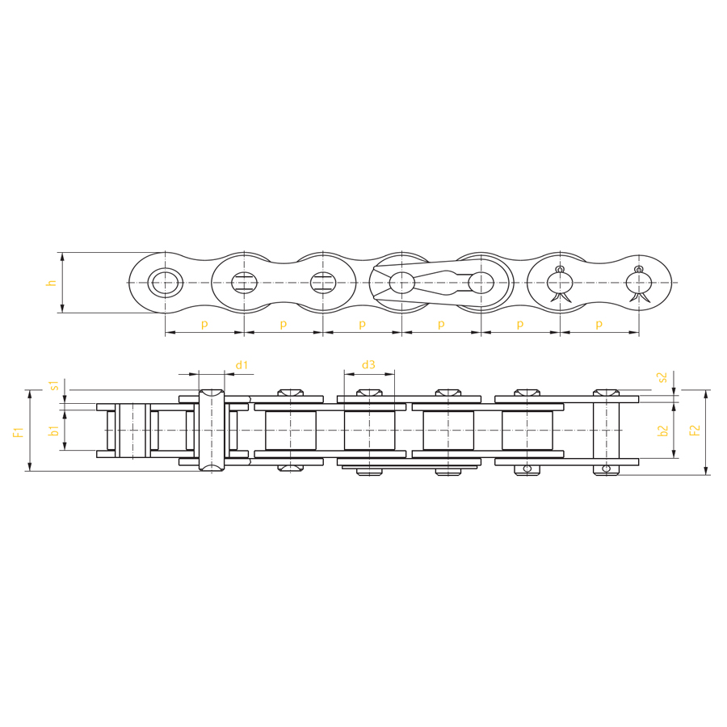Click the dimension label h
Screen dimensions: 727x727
52,283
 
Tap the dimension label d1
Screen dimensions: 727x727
242,365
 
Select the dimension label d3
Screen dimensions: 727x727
368,365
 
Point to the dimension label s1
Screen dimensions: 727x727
55,385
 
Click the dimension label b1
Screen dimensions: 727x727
55,430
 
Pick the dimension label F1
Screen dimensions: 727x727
18,432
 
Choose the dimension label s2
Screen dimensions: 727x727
662,377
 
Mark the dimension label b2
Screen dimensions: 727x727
663,431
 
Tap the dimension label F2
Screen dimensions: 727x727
695,431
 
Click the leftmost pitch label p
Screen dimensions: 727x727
204,324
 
